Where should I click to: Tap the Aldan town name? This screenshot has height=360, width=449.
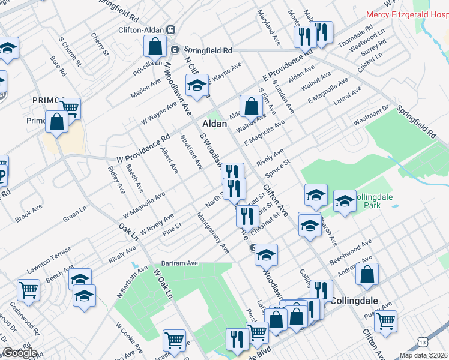point(214,124)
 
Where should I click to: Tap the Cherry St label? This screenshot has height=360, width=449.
point(100,45)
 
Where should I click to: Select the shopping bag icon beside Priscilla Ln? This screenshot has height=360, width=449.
point(155,46)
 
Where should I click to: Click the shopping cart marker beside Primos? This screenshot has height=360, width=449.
point(70,109)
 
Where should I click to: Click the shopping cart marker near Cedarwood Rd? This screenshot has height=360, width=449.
point(29,291)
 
